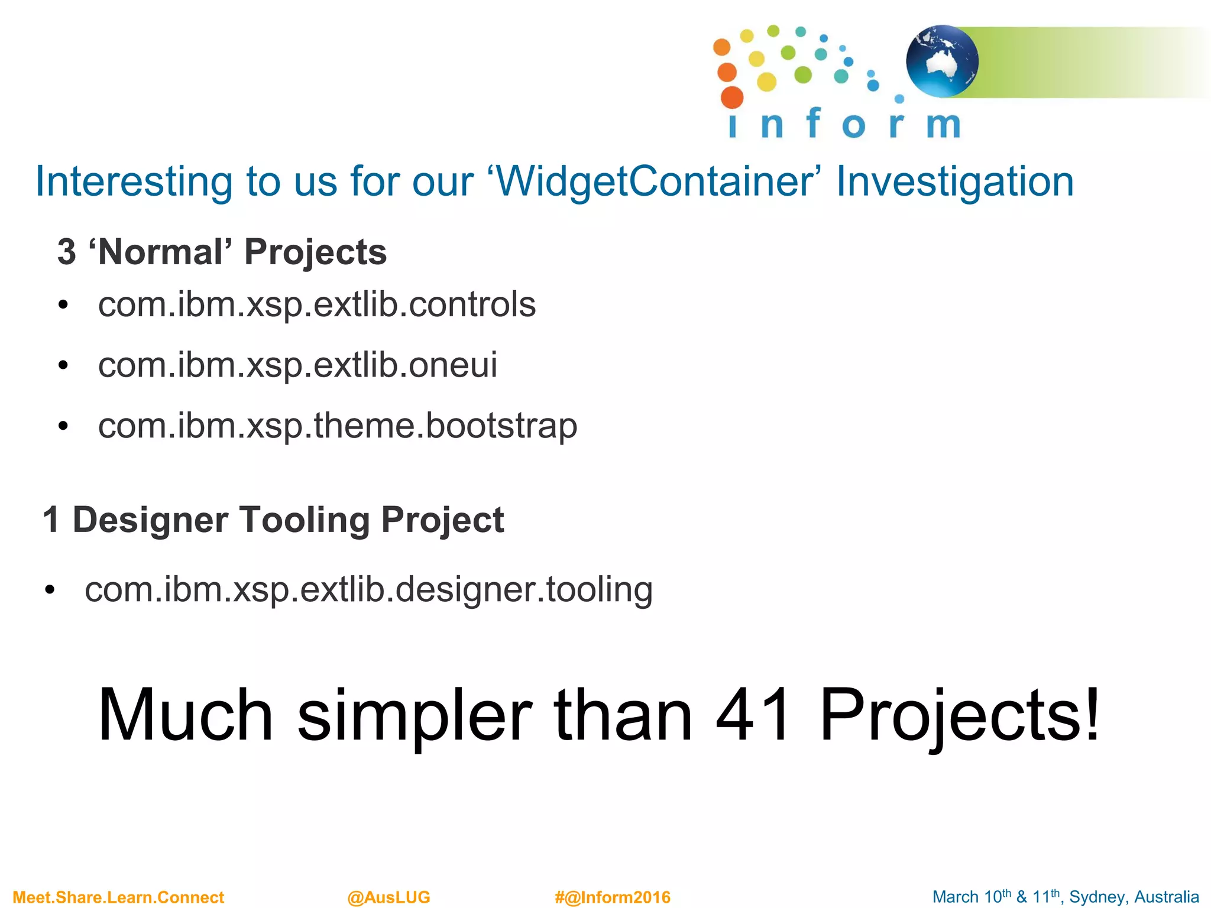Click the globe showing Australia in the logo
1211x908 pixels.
pyautogui.click(x=942, y=61)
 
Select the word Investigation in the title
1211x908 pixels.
pyautogui.click(x=954, y=181)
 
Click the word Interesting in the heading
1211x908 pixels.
pyautogui.click(x=134, y=181)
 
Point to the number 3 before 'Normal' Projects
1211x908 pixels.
pyautogui.click(x=67, y=252)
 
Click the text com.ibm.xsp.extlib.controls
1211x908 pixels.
pyautogui.click(x=317, y=304)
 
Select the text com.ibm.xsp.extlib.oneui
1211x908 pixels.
pyautogui.click(x=297, y=365)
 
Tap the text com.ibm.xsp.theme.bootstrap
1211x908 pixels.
pyautogui.click(x=338, y=426)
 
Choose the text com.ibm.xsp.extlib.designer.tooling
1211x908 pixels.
pyautogui.click(x=368, y=589)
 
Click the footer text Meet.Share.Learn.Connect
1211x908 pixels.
pyautogui.click(x=118, y=897)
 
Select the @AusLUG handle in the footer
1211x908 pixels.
pyautogui.click(x=388, y=897)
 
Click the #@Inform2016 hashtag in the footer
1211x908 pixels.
pyautogui.click(x=613, y=897)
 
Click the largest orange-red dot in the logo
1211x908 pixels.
pyautogui.click(x=732, y=98)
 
